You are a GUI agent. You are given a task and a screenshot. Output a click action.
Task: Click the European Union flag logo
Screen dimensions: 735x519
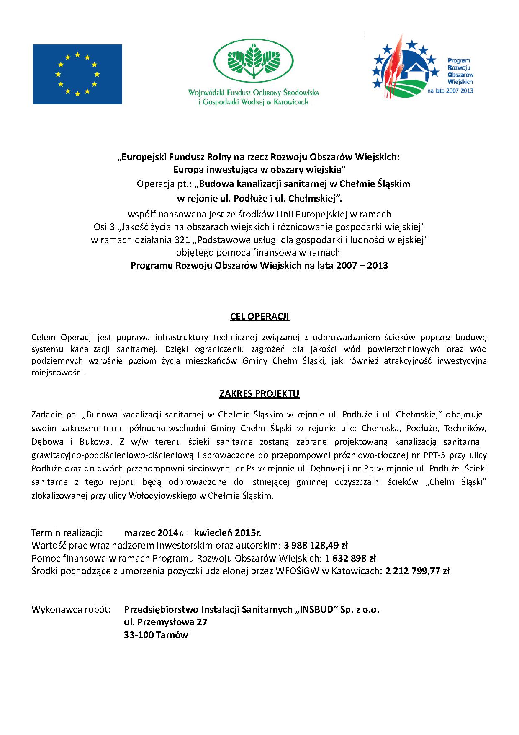tap(77, 74)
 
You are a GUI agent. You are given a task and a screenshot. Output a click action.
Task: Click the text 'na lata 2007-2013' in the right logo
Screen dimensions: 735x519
tap(450, 91)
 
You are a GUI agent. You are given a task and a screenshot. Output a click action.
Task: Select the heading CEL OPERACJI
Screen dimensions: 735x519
tap(259, 317)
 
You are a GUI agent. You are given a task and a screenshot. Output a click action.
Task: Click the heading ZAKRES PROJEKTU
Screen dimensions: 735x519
tap(259, 394)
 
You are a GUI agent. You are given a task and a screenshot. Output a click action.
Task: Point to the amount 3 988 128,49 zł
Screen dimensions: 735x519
tap(316, 546)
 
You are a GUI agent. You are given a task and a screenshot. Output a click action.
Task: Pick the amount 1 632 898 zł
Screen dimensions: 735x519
tap(350, 558)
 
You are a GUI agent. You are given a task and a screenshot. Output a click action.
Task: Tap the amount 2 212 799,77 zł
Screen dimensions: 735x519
tap(417, 571)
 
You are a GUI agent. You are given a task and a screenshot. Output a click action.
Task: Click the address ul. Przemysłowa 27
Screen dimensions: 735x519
tap(165, 622)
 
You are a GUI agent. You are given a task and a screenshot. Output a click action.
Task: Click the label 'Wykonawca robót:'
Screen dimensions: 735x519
tap(71, 610)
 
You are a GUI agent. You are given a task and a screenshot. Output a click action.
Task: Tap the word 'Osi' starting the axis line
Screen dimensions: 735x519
tap(100, 227)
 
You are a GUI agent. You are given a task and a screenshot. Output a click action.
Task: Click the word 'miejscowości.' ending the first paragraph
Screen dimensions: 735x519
tap(58, 373)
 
